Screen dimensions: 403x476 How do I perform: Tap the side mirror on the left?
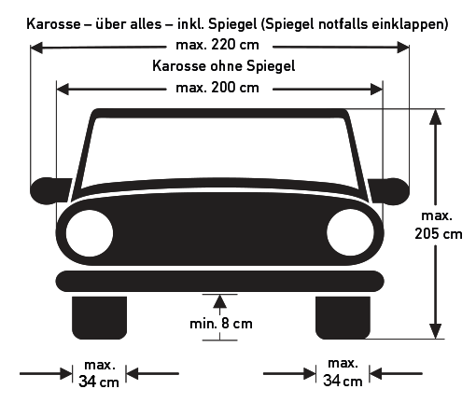[x=47, y=189]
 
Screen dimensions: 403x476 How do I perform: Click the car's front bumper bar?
[x=219, y=279]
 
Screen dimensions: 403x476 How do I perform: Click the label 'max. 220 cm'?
[x=218, y=46]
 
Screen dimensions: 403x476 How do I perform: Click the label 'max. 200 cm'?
[x=218, y=88]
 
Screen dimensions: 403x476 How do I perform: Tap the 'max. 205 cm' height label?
[x=438, y=225]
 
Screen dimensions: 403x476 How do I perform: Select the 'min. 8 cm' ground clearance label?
[x=220, y=324]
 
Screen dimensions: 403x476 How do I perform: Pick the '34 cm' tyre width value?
[x=99, y=382]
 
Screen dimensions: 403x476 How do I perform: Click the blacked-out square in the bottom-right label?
[x=330, y=382]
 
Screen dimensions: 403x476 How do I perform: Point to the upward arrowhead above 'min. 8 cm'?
[x=220, y=300]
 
